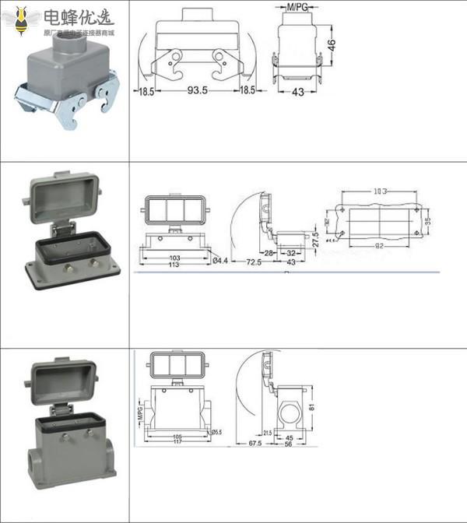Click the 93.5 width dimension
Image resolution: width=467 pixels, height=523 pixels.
coord(195,90)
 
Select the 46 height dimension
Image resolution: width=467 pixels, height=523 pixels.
coord(332,44)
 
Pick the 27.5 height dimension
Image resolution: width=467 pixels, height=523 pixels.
coord(315,237)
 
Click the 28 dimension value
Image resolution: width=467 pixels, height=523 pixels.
coord(268,254)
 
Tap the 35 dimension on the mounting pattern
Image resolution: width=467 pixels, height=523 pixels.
coord(427,220)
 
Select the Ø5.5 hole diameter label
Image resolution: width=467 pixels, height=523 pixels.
coord(217,432)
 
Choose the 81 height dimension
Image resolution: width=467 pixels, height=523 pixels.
coord(312,406)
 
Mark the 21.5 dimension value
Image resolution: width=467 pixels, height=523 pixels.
coord(266,433)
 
